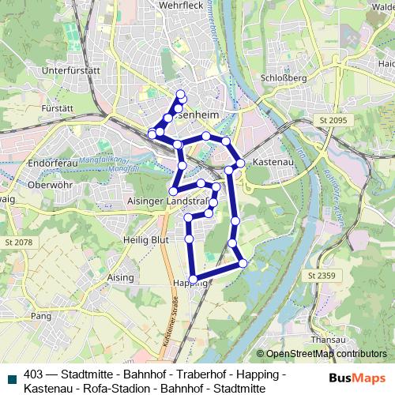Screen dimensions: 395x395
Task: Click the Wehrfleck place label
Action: (160, 5)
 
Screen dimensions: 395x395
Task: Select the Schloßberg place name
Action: (279, 78)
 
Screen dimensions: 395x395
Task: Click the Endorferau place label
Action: (50, 163)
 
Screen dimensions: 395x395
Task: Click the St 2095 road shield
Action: (333, 119)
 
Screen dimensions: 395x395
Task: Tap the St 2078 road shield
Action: (18, 242)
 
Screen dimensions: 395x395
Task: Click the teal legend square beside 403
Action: (11, 377)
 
